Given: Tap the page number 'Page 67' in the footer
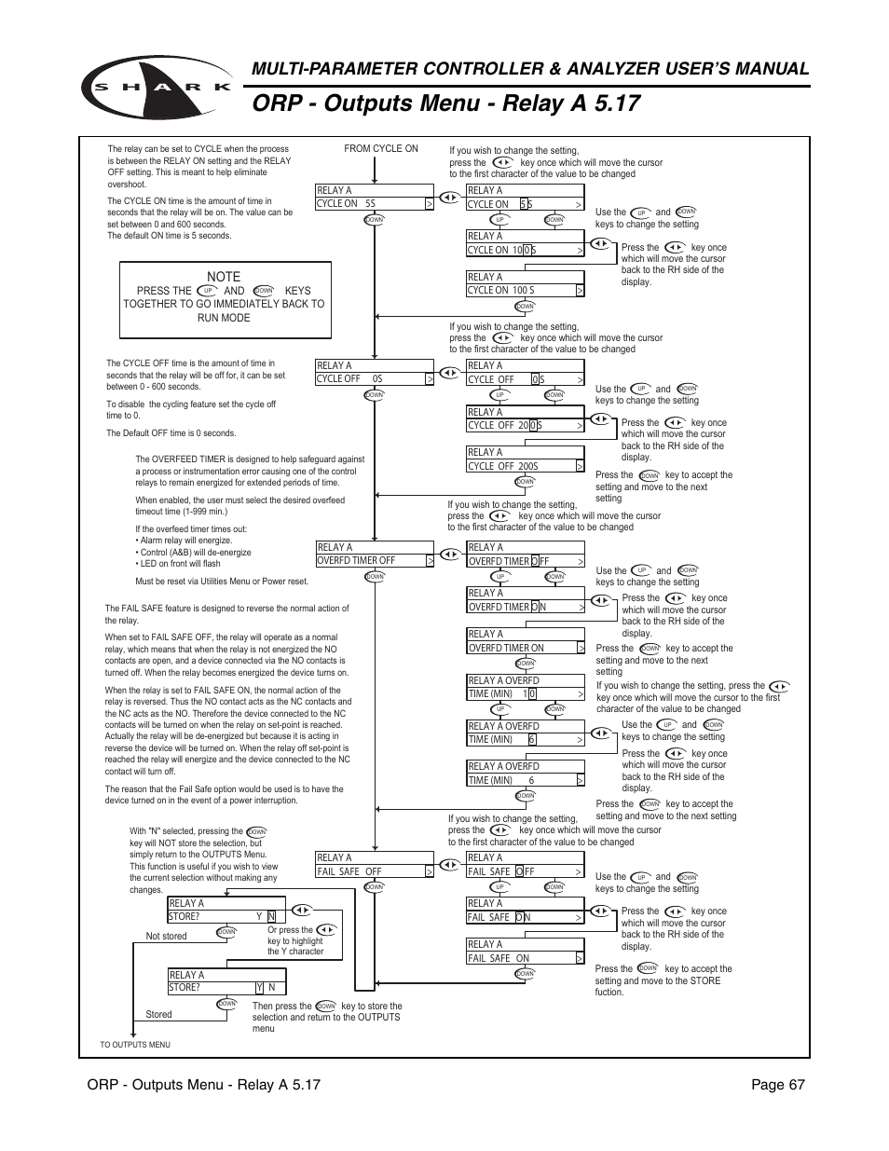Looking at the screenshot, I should [773, 1084].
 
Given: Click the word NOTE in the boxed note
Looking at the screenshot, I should [224, 277].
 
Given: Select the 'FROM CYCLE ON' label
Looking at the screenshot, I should [380, 148].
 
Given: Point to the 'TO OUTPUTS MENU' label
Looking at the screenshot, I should [135, 1045].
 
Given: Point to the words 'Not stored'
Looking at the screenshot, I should [166, 936].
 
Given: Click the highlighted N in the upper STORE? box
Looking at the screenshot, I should [272, 916].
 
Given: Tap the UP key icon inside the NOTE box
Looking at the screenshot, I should [207, 291].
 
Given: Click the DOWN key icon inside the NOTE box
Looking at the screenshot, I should [264, 291].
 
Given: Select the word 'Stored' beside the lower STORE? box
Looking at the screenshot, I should [158, 1014].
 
